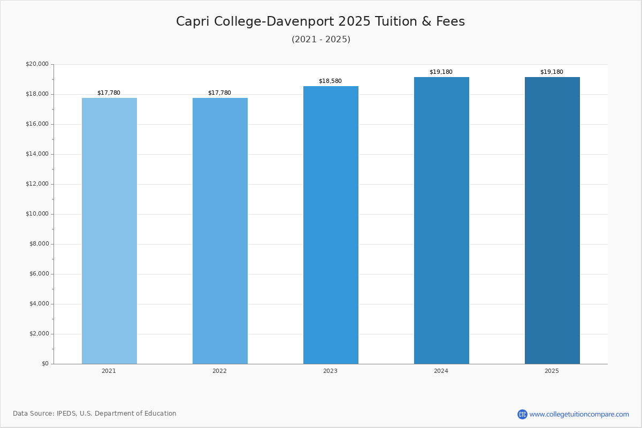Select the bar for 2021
(x=109, y=231)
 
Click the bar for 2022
(x=220, y=231)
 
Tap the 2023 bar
(x=331, y=225)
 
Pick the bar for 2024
(x=441, y=220)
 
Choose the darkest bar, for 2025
(x=552, y=220)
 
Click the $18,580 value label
(x=330, y=81)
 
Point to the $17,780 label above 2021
(x=109, y=93)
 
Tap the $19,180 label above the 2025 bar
(x=552, y=72)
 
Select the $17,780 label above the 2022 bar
(x=219, y=93)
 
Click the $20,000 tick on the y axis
(x=37, y=64)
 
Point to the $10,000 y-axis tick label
(x=37, y=214)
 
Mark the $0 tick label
(x=45, y=364)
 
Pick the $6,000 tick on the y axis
(x=39, y=274)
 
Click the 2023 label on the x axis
(x=330, y=371)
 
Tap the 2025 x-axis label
(x=552, y=371)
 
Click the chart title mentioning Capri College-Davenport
(x=320, y=22)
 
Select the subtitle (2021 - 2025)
(x=321, y=40)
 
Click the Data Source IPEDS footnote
(x=95, y=414)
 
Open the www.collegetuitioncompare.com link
(x=579, y=414)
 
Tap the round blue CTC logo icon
(x=522, y=414)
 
